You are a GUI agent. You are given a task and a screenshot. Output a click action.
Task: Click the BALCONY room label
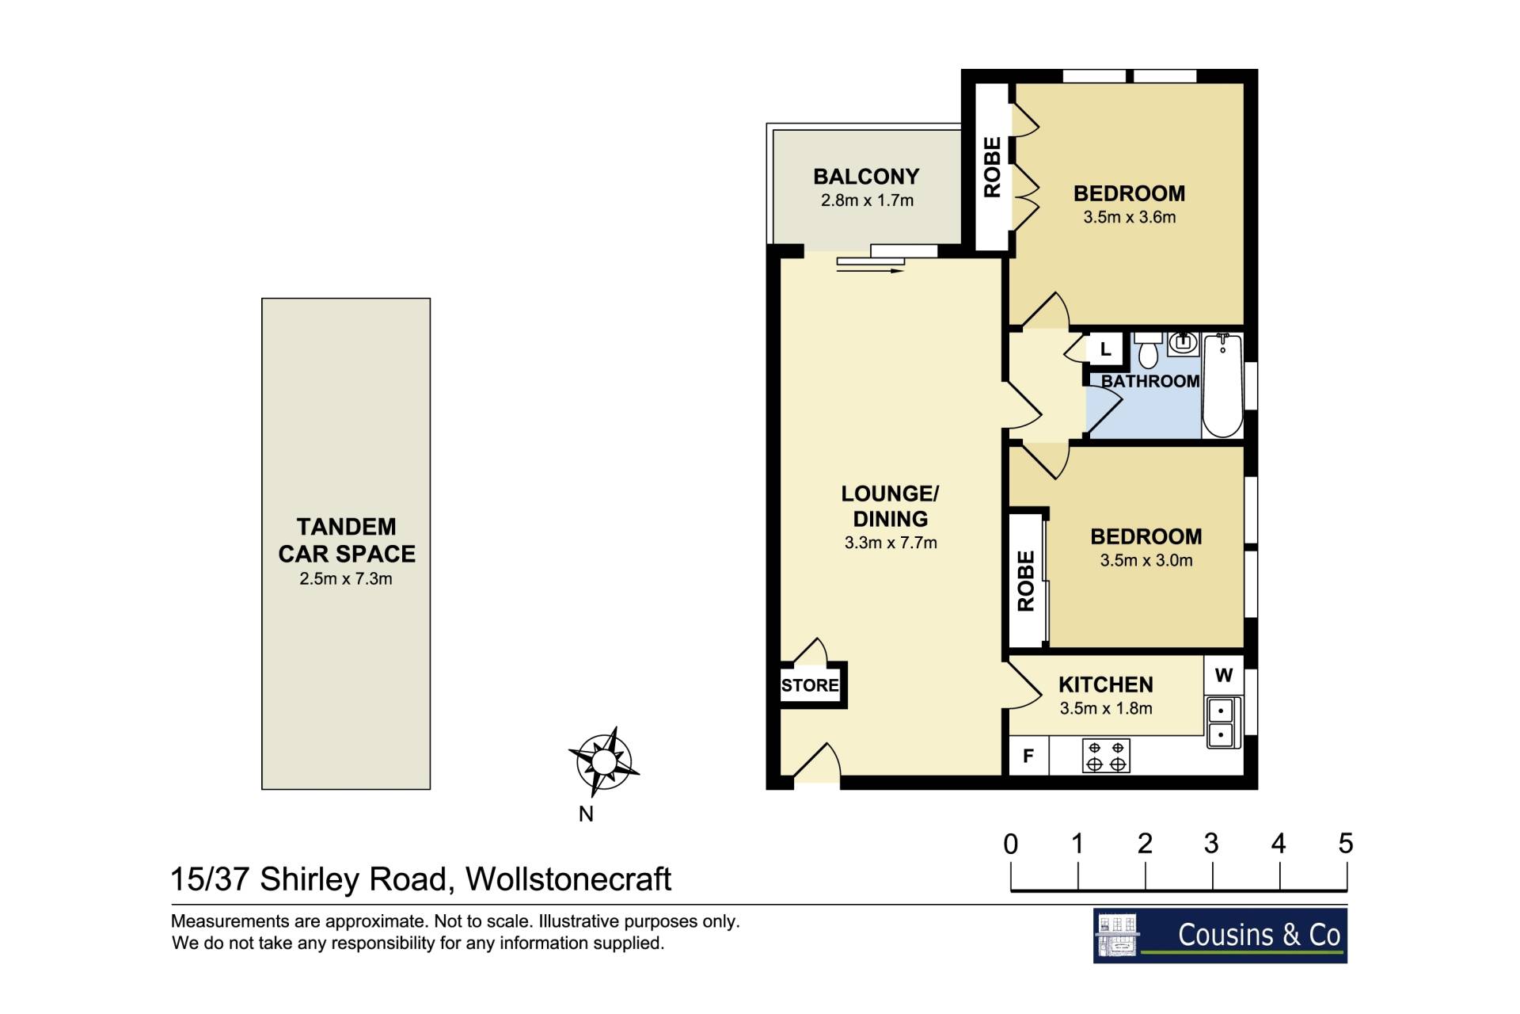866,176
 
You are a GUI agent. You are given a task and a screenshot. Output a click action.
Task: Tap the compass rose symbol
604,762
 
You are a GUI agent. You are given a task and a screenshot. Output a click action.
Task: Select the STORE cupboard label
810,685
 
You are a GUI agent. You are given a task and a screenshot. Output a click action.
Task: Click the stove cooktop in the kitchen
1106,756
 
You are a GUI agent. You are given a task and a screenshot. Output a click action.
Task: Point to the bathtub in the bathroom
1222,386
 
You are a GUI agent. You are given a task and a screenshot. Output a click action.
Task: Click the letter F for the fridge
1028,757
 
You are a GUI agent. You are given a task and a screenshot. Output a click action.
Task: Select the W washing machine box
1224,676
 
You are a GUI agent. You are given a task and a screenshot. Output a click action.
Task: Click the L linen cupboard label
1106,349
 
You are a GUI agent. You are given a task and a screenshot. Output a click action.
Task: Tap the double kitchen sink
1222,722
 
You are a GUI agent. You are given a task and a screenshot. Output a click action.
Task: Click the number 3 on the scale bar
1211,844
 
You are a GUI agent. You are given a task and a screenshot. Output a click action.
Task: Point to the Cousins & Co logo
1220,936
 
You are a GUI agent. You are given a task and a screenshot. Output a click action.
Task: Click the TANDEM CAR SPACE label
347,540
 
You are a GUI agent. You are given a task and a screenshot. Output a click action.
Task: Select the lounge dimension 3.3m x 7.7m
891,543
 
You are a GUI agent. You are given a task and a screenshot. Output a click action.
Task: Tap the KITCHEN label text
1106,684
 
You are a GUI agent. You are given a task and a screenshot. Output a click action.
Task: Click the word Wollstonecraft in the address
568,879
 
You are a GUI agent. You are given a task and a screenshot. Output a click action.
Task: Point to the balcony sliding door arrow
870,271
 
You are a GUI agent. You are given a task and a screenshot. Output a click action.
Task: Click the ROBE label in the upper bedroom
992,167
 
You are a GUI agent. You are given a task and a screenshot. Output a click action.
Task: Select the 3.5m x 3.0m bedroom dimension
1146,561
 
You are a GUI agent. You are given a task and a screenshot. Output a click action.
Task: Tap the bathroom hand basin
1184,343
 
